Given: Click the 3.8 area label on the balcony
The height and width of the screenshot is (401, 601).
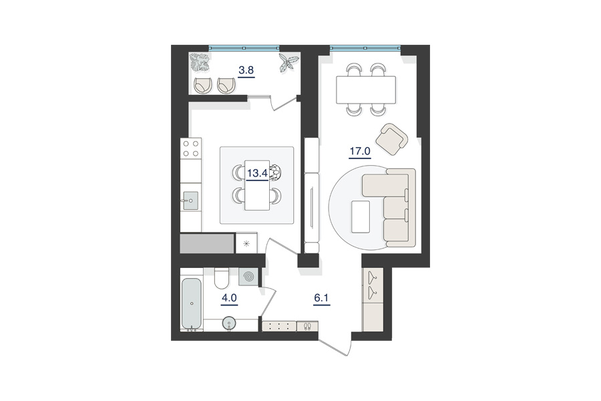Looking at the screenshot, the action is click(x=246, y=70).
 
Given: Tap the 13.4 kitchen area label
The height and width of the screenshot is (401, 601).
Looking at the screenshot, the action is click(x=257, y=173).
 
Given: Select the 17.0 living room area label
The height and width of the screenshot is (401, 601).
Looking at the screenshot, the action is click(x=360, y=151).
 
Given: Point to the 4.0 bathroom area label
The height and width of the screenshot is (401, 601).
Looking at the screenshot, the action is click(x=229, y=298).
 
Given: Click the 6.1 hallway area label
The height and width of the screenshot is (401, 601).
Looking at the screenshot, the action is click(x=321, y=298).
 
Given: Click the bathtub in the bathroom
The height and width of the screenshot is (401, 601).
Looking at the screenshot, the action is click(x=191, y=303).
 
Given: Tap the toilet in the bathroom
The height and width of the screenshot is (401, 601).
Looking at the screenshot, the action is click(x=221, y=278).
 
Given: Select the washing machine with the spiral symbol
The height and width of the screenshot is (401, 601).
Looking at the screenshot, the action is click(x=248, y=276).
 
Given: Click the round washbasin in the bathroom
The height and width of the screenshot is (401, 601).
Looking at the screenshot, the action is click(x=229, y=323).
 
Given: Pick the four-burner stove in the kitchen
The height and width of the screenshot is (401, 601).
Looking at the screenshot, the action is click(x=191, y=148).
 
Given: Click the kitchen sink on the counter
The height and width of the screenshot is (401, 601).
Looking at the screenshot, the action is click(x=190, y=200).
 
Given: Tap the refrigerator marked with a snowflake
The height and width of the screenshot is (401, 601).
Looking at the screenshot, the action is click(x=246, y=243).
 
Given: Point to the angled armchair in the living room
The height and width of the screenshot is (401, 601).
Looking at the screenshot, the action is click(x=392, y=139).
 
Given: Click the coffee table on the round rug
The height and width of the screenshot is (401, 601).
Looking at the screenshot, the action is click(x=361, y=217).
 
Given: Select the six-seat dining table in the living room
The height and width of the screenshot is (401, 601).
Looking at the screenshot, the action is click(x=366, y=90).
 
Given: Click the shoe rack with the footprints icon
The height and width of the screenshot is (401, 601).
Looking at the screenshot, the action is click(x=307, y=326).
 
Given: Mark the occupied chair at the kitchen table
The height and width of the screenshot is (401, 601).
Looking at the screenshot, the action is click(x=276, y=172).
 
